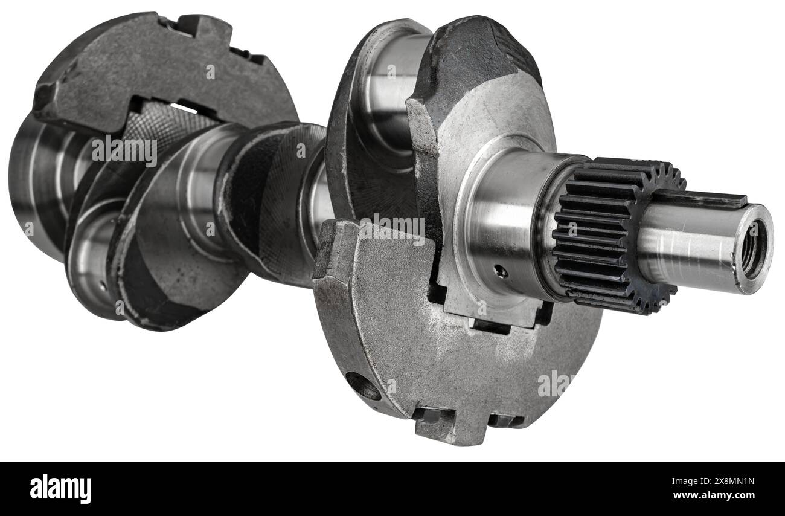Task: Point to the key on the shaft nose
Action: point(697,199)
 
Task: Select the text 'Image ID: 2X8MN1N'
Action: point(713,481)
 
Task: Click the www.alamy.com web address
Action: point(714,495)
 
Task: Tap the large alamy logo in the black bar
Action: point(60,489)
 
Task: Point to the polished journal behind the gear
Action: point(505,224)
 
